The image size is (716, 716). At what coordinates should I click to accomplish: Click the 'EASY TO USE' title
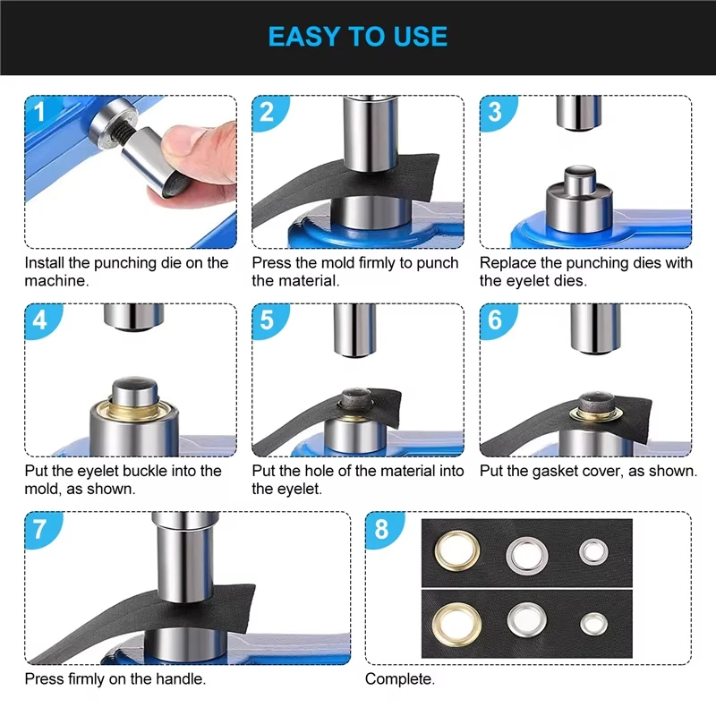(357, 37)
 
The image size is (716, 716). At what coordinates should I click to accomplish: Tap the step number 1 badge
(40, 111)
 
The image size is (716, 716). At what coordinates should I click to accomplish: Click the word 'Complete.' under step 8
(399, 679)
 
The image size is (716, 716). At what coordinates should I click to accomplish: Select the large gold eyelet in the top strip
(457, 550)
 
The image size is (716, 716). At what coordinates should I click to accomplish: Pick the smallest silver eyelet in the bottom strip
(593, 624)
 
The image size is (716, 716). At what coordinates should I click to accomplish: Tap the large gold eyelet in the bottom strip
(456, 625)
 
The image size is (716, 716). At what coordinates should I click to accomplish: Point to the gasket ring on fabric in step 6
(596, 413)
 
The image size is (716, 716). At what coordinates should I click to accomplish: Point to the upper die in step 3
(578, 113)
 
